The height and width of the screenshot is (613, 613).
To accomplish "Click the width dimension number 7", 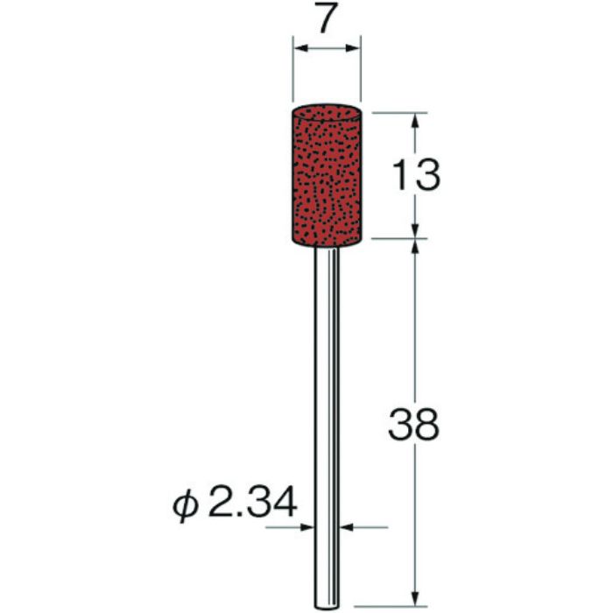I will click(326, 23).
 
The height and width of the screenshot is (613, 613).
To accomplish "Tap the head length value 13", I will click(414, 178).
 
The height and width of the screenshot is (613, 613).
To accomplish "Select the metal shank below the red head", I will click(327, 394).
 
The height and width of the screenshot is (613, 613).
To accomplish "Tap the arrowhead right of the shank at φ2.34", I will click(345, 527).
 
